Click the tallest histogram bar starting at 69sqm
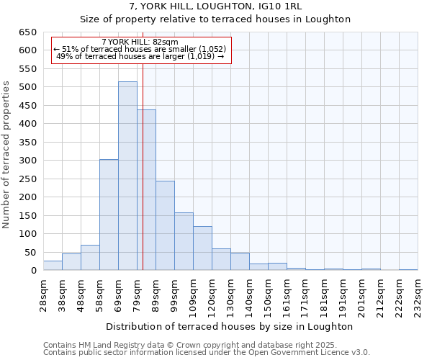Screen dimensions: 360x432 tap(127, 176)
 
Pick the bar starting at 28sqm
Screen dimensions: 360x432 tap(53, 266)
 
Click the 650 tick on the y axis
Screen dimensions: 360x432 tap(27, 32)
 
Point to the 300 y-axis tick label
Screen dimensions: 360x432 tap(27, 161)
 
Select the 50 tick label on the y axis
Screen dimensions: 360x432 tap(30, 253)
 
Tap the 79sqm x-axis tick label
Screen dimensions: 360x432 tap(137, 293)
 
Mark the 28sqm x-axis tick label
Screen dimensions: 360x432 tap(43, 293)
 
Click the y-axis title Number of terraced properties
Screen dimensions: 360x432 tap(7, 154)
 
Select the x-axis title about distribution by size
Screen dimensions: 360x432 tap(230, 326)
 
